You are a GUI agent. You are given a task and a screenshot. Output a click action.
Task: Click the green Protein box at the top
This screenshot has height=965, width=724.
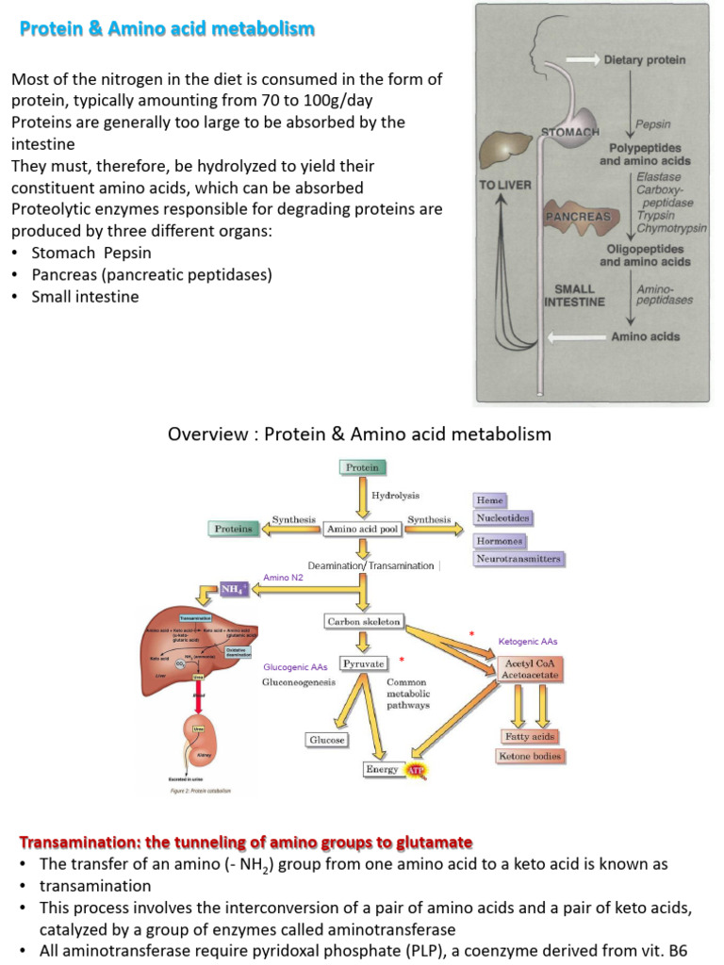(x=362, y=467)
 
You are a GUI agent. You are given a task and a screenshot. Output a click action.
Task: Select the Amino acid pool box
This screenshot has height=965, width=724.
(x=362, y=530)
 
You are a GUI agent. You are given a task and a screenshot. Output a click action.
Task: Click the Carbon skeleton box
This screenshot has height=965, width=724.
(x=364, y=622)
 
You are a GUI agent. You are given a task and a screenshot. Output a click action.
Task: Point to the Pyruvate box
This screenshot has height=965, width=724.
(x=363, y=663)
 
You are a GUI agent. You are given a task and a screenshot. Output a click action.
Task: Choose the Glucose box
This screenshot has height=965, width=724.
(x=326, y=740)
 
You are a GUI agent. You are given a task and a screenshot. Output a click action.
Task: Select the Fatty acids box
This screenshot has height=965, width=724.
(x=531, y=736)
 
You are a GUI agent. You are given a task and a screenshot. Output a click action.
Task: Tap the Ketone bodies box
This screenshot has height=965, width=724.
(x=530, y=756)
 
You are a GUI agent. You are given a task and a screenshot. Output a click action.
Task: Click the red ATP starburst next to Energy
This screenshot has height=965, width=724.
(x=416, y=771)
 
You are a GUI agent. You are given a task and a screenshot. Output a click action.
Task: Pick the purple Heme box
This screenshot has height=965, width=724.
(x=490, y=500)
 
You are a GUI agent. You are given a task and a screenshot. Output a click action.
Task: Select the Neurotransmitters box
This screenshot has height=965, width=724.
(x=519, y=559)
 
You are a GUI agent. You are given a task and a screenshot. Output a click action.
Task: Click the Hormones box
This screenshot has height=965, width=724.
(x=500, y=542)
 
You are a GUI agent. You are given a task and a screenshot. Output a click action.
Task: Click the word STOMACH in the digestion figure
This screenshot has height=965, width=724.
(x=570, y=132)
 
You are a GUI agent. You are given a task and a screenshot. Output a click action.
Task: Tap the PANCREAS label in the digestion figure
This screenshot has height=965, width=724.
(x=579, y=216)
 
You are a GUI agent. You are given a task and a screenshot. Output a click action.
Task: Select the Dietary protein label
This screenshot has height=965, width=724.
(x=645, y=60)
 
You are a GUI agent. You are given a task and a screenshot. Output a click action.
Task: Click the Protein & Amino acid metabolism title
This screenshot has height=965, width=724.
(x=167, y=29)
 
